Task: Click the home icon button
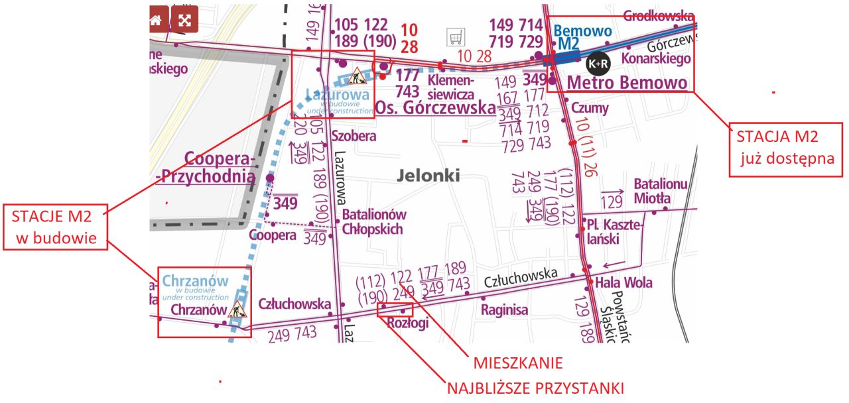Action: point(157,19)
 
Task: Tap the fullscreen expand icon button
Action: point(185,19)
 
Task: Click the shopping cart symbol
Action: point(456,37)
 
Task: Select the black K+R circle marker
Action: point(598,64)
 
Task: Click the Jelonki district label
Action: point(428,176)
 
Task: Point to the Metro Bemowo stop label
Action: point(627,83)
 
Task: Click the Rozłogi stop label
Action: point(407,323)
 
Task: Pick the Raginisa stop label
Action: point(504,310)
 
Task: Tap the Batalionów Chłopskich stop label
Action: point(373,221)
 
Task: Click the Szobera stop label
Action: point(354,137)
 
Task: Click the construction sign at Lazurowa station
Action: point(357,76)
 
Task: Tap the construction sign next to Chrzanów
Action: point(237,309)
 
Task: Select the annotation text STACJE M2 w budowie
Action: point(55,227)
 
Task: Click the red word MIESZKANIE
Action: point(517,363)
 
